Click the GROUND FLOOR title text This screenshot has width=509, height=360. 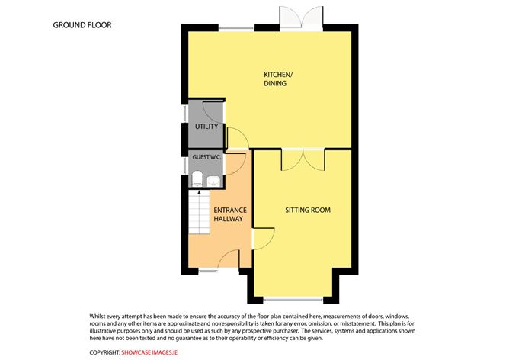pos(82,25)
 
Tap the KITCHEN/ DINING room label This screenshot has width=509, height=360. pos(278,79)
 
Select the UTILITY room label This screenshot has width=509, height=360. pos(206,127)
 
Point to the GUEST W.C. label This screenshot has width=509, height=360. pos(206,157)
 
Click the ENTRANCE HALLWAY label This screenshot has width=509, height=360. pos(230,214)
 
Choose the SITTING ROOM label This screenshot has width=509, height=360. pos(308,211)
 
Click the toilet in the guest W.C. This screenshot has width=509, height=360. pos(197,179)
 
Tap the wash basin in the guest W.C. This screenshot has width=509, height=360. pos(213,182)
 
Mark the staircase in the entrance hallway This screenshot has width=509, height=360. pos(199,212)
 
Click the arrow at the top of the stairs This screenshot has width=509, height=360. pos(199,194)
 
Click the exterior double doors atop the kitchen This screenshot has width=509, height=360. pos(301,18)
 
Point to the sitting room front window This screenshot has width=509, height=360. pos(293,300)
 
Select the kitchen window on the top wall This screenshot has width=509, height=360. pos(236,28)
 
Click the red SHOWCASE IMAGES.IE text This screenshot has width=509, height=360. pos(149,352)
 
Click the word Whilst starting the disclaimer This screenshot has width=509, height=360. pos(97,316)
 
